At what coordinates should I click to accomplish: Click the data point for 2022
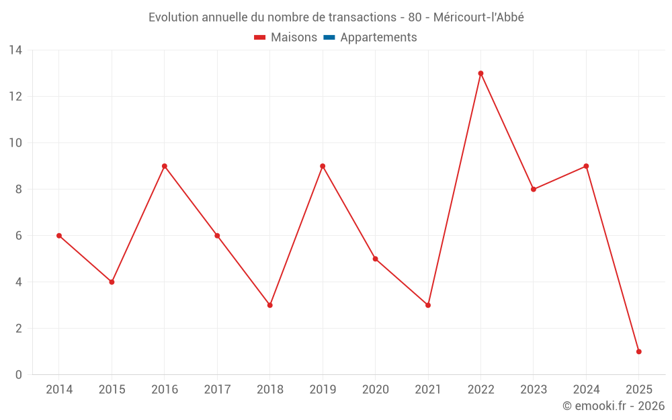tap(480, 73)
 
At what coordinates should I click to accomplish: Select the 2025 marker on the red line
tap(638, 351)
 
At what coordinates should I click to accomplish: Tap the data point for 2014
tap(59, 236)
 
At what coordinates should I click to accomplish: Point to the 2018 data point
tap(269, 305)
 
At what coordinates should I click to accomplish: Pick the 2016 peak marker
tap(165, 166)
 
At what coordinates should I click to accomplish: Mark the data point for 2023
tap(534, 190)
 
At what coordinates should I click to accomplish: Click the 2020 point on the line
tap(375, 259)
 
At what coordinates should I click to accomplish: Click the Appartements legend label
tap(378, 38)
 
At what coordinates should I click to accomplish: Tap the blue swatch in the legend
tap(329, 38)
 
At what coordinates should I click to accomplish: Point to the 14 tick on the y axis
tap(15, 50)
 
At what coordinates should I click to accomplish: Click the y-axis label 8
tap(19, 190)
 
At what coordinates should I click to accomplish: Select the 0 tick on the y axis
tap(19, 375)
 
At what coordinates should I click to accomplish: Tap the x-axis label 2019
tap(323, 390)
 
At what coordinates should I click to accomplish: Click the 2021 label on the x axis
tap(428, 390)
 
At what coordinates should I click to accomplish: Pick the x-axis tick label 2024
tap(586, 390)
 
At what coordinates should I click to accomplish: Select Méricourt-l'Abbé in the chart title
tap(478, 17)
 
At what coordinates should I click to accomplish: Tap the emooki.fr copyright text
tap(614, 406)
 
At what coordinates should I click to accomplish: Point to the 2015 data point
tap(112, 282)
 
